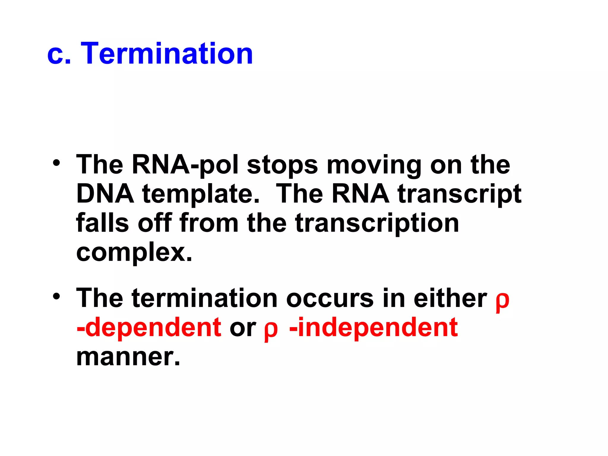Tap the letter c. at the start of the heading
[59, 54]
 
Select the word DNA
[105, 194]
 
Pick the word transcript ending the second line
[459, 194]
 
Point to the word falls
[102, 223]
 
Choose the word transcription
[377, 224]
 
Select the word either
[450, 298]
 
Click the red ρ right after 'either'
[502, 300]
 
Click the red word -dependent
[149, 327]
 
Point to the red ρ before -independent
[271, 330]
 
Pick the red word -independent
[373, 327]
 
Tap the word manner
[128, 357]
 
